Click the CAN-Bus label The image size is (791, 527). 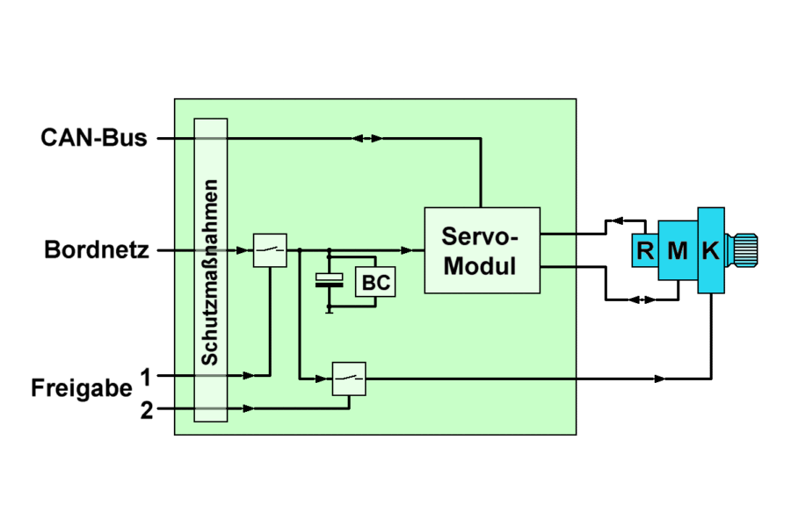pyautogui.click(x=94, y=138)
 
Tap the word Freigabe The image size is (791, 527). pyautogui.click(x=82, y=388)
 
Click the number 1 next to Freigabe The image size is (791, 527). pyautogui.click(x=146, y=376)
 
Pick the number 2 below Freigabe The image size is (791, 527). pyautogui.click(x=146, y=408)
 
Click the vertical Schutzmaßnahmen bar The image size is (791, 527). pyautogui.click(x=210, y=271)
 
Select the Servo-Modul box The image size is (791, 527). pyautogui.click(x=482, y=250)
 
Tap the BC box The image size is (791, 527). pyautogui.click(x=375, y=283)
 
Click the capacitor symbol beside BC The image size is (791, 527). pyautogui.click(x=330, y=280)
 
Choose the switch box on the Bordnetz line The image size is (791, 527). pyautogui.click(x=270, y=250)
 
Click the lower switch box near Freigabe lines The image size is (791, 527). pyautogui.click(x=349, y=379)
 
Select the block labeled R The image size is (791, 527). pyautogui.click(x=645, y=251)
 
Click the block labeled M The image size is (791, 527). pyautogui.click(x=677, y=251)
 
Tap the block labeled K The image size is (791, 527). pyautogui.click(x=711, y=251)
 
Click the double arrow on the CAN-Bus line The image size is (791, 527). pyautogui.click(x=366, y=138)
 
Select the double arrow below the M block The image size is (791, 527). pyautogui.click(x=643, y=300)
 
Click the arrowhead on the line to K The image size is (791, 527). pyautogui.click(x=659, y=379)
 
